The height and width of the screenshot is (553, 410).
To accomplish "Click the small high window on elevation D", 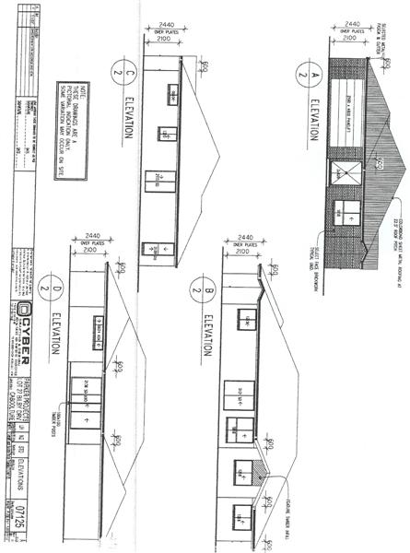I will pyautogui.click(x=89, y=327).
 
